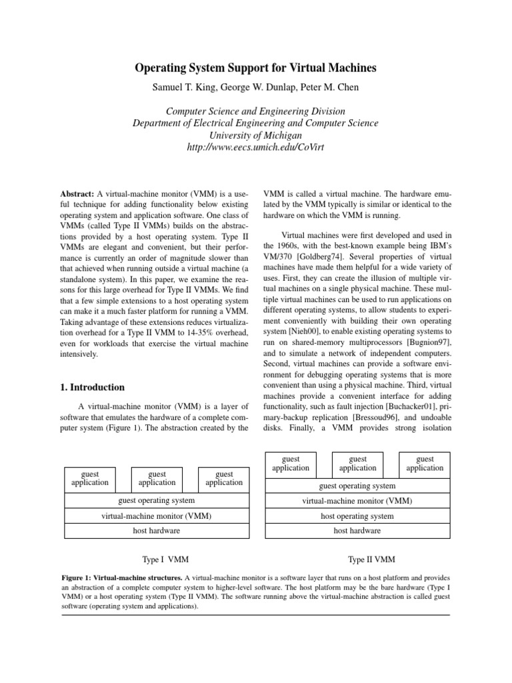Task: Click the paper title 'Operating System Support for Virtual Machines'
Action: coord(256,68)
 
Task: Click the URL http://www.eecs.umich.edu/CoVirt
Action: coord(256,147)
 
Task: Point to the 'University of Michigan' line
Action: coord(256,135)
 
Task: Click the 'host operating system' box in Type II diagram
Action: coord(357,516)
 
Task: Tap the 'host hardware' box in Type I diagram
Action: coord(157,531)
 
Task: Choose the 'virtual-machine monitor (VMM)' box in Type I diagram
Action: coord(157,516)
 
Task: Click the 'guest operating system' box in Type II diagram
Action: coord(357,486)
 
